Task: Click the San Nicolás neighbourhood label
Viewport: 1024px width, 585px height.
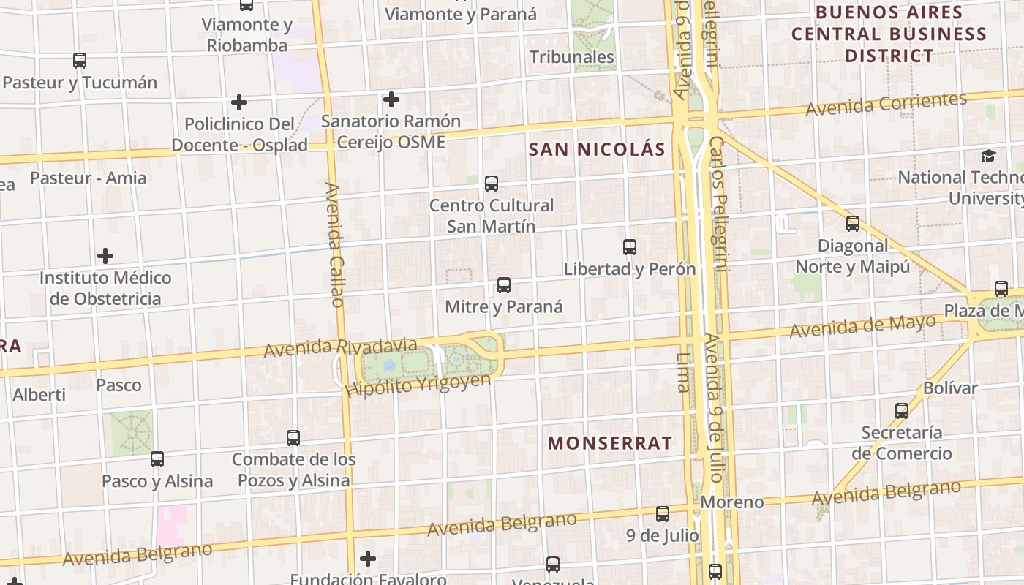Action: tap(597, 150)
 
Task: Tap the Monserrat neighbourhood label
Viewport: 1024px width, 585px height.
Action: tap(609, 443)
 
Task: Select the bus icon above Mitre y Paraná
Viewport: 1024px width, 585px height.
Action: tap(503, 285)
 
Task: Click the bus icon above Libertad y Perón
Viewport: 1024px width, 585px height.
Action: tap(629, 247)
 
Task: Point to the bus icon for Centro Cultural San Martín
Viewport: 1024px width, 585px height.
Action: tap(492, 184)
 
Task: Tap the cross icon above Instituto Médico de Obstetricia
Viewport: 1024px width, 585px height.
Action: tap(105, 256)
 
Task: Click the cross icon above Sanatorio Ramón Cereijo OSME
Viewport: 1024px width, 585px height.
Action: tap(391, 99)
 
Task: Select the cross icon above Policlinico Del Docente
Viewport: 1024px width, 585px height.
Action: tap(238, 102)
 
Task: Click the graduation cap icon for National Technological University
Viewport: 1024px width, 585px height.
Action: tap(988, 156)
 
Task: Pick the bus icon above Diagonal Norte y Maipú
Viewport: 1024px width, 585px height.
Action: tap(852, 224)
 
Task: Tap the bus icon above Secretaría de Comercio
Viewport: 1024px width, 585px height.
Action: tap(901, 411)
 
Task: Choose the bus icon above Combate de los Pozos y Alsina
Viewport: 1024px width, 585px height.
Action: tap(293, 438)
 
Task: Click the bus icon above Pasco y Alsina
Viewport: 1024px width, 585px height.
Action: tap(157, 459)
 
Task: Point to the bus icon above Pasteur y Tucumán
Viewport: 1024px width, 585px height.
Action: tap(80, 61)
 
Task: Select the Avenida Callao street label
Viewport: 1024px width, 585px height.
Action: tap(335, 245)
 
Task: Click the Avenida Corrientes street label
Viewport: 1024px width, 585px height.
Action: tap(886, 104)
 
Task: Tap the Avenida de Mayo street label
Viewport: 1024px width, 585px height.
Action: tap(863, 326)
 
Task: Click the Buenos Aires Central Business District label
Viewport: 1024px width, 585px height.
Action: tap(889, 34)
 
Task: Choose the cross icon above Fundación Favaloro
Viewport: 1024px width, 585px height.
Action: tap(368, 559)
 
